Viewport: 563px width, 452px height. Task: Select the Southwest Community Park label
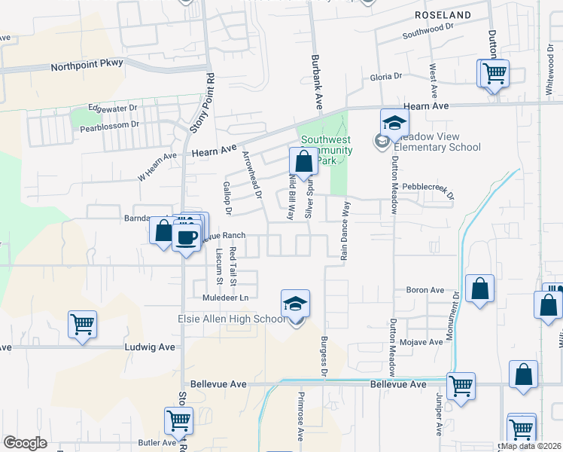[x=326, y=150]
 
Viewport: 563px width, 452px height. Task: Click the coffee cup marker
[x=186, y=236]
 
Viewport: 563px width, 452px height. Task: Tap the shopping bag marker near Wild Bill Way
[x=303, y=161]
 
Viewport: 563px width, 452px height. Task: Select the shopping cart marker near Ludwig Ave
[x=82, y=325]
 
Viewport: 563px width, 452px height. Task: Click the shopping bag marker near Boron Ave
[x=479, y=289]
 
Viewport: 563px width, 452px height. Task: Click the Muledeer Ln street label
[x=225, y=298]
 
